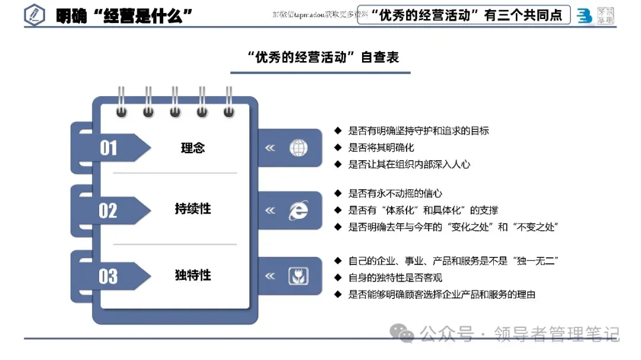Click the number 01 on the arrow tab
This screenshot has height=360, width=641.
pyautogui.click(x=109, y=148)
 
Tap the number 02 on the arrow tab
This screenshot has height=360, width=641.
pyautogui.click(x=109, y=211)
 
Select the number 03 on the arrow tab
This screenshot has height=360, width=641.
pyautogui.click(x=109, y=276)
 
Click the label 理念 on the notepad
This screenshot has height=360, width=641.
pyautogui.click(x=193, y=148)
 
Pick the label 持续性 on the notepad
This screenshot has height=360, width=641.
pyautogui.click(x=193, y=209)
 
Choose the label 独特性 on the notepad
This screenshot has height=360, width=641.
pyautogui.click(x=193, y=275)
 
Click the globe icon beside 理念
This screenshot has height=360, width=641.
pyautogui.click(x=298, y=148)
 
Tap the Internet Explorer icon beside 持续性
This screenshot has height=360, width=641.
pyautogui.click(x=298, y=211)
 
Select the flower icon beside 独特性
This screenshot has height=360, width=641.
pyautogui.click(x=298, y=276)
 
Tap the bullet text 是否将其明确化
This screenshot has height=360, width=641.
pyautogui.click(x=380, y=147)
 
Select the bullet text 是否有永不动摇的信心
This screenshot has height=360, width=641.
pyautogui.click(x=395, y=193)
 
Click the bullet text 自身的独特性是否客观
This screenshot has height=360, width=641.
pyautogui.click(x=395, y=278)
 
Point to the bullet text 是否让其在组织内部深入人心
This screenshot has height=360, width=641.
pyautogui.click(x=409, y=164)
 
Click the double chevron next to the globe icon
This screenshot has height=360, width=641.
pyautogui.click(x=270, y=148)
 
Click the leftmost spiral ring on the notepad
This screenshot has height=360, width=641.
pyautogui.click(x=122, y=102)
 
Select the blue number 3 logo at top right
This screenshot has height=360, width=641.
pyautogui.click(x=584, y=16)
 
